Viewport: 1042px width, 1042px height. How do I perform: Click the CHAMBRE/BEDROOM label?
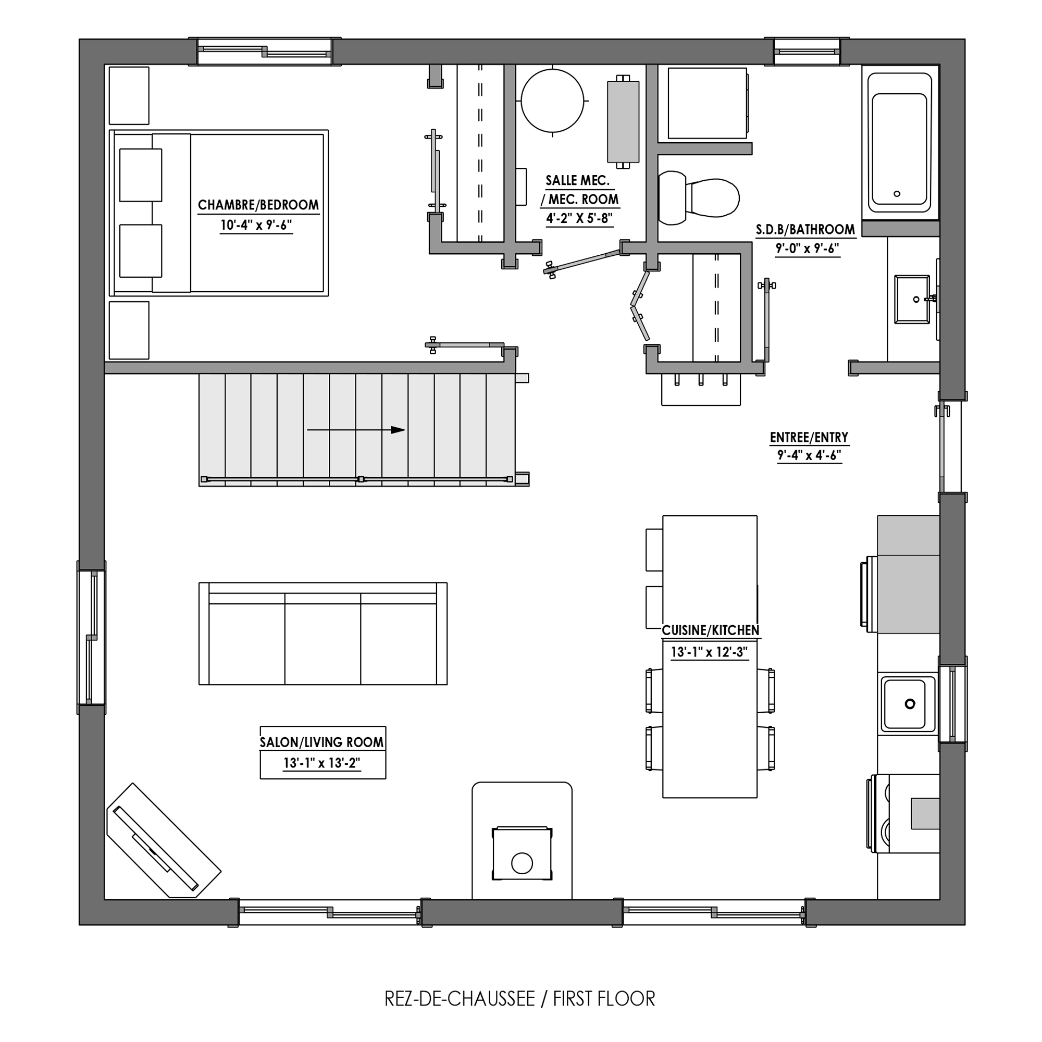tap(258, 205)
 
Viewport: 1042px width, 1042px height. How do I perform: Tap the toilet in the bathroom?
tap(699, 198)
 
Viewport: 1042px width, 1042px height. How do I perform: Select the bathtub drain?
tap(897, 194)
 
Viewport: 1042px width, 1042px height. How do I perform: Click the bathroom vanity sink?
tap(912, 300)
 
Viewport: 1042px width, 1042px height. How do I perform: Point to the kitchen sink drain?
tap(910, 703)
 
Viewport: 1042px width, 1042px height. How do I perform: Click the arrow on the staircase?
tap(356, 430)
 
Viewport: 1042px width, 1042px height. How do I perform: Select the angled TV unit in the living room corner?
tap(164, 840)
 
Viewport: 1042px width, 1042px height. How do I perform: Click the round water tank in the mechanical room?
tap(552, 101)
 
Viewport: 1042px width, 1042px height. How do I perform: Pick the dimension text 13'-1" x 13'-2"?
tap(322, 763)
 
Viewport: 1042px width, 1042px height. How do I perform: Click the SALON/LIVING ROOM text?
tap(322, 742)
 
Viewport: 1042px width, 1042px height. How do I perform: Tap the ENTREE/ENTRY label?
tap(809, 438)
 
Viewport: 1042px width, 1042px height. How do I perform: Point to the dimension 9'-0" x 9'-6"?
tap(808, 249)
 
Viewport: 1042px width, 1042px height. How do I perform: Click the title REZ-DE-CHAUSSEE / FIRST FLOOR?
tap(520, 999)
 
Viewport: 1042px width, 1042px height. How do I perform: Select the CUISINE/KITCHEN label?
tap(710, 630)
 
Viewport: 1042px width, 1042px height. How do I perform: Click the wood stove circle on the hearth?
tap(522, 863)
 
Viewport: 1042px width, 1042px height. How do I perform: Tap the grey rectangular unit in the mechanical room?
tap(623, 121)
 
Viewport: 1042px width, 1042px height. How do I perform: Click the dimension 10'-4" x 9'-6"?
tap(256, 225)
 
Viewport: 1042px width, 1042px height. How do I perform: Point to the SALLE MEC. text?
tap(578, 181)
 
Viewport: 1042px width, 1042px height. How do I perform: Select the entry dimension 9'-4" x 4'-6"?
tap(810, 456)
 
